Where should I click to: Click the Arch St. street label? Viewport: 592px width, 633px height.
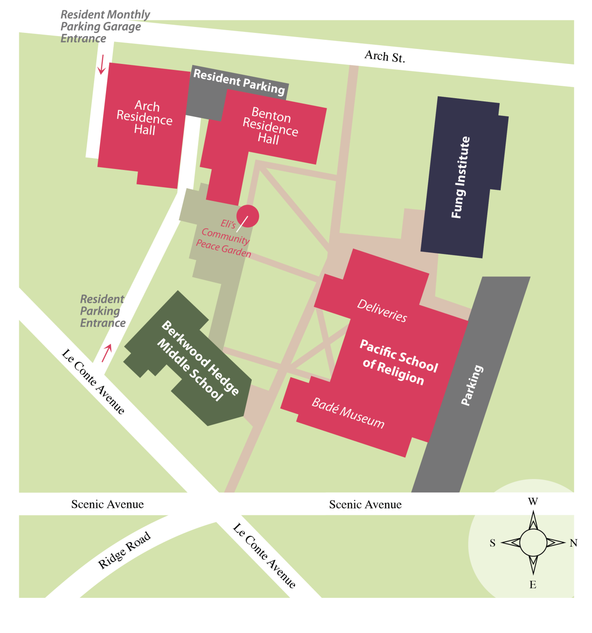pyautogui.click(x=385, y=56)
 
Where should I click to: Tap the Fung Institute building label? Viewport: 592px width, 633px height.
pyautogui.click(x=460, y=177)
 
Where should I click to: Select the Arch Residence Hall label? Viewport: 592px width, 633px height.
pyautogui.click(x=145, y=118)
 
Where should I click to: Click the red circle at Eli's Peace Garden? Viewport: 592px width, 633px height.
pyautogui.click(x=248, y=216)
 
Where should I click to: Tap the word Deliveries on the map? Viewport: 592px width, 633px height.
pyautogui.click(x=382, y=311)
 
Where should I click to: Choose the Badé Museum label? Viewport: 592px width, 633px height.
pyautogui.click(x=348, y=413)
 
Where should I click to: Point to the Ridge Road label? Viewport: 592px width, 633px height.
pyautogui.click(x=124, y=550)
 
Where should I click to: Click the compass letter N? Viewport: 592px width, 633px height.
pyautogui.click(x=574, y=543)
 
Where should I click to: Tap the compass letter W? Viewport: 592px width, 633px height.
pyautogui.click(x=533, y=501)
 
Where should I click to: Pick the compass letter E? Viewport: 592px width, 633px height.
pyautogui.click(x=533, y=585)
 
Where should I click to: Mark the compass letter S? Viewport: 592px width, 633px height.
pyautogui.click(x=492, y=543)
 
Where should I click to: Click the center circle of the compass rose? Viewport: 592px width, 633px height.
pyautogui.click(x=533, y=543)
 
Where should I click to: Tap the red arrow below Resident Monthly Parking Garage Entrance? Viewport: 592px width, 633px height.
pyautogui.click(x=101, y=65)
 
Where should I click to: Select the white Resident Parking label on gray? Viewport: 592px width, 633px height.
pyautogui.click(x=239, y=81)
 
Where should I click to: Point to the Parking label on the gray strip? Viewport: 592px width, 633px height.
pyautogui.click(x=472, y=385)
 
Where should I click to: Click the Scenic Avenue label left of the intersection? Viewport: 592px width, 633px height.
pyautogui.click(x=107, y=504)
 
